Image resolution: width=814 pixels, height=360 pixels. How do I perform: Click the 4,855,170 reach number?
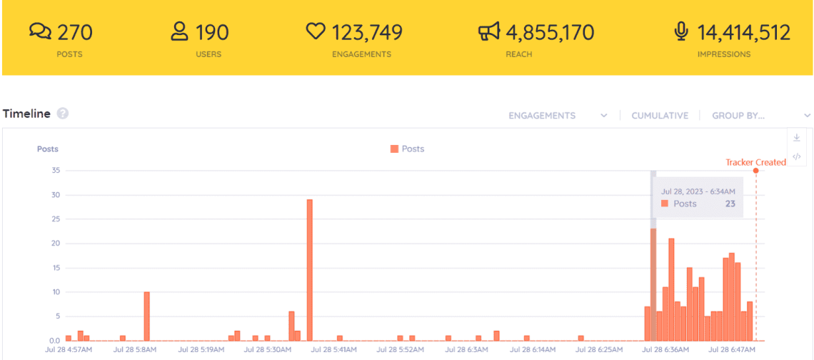point(550,33)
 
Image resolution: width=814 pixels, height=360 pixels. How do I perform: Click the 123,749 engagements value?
point(367,33)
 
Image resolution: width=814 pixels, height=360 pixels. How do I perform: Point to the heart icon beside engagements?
point(315,31)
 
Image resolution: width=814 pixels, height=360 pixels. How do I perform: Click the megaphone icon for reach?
point(488,31)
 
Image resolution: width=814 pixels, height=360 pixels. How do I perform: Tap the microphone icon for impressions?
point(681,31)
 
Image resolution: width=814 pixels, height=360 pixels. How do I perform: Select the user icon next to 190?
point(179,31)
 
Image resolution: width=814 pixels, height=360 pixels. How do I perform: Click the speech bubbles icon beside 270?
point(41,31)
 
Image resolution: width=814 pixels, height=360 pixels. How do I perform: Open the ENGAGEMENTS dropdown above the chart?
point(558,115)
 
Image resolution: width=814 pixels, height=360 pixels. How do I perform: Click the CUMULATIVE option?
point(660,115)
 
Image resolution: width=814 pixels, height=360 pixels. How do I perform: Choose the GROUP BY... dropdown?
point(761,115)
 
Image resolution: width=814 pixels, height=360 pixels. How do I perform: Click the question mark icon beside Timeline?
point(63,114)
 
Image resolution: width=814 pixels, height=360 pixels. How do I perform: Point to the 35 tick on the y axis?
point(55,170)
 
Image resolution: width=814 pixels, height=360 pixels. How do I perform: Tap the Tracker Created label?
point(755,162)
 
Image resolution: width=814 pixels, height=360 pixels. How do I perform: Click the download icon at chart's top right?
point(797,138)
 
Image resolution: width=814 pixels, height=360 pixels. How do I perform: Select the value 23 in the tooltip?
point(730,204)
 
